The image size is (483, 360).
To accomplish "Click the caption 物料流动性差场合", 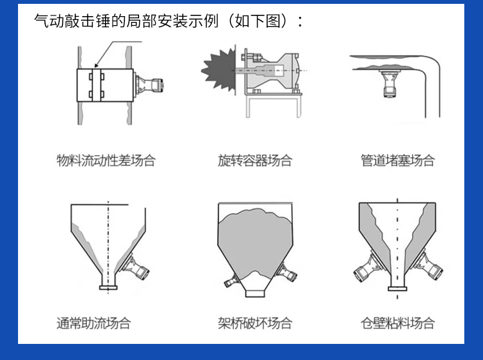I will (x=106, y=160).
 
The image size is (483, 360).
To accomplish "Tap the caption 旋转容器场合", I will (x=255, y=160).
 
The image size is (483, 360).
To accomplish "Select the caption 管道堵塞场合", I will (x=397, y=160).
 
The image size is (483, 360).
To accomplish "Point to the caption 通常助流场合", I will (x=94, y=323).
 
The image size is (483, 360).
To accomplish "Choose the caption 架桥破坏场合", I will (x=255, y=323).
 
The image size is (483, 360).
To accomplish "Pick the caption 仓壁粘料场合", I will (x=397, y=323).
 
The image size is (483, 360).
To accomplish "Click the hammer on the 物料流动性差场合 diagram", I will (x=152, y=86).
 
